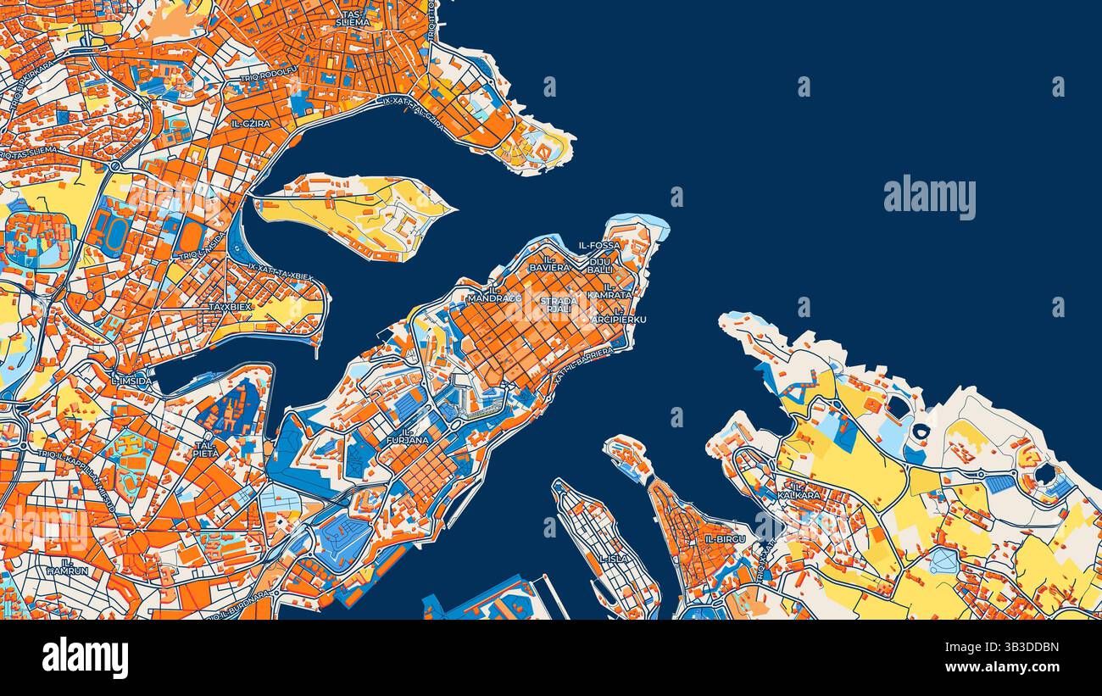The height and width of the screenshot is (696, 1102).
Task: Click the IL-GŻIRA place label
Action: click(x=251, y=124)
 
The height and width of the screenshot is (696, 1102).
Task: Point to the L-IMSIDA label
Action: click(x=131, y=381)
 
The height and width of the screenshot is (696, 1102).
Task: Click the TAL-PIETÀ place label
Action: click(x=206, y=448)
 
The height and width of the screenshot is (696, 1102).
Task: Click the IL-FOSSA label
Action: click(x=599, y=245)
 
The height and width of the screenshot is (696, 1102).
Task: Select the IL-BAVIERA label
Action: click(x=550, y=263)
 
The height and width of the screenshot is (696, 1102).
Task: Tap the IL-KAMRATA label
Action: click(x=610, y=290)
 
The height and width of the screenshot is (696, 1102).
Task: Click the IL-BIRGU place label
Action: click(x=725, y=538)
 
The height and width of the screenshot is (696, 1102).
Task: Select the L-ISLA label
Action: click(x=614, y=559)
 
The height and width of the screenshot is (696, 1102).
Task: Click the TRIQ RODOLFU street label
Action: click(x=269, y=78)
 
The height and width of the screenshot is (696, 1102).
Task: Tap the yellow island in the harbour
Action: click(x=356, y=212)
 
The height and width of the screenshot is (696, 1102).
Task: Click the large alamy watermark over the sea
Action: click(x=929, y=198)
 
